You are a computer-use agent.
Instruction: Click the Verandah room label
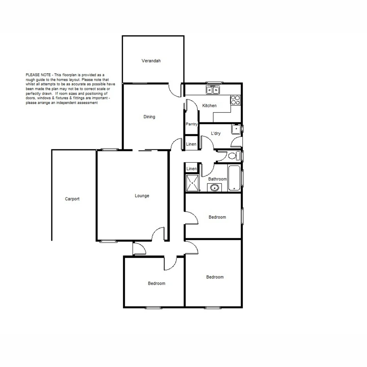pos(151,61)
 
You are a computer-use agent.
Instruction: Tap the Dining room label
pos(149,117)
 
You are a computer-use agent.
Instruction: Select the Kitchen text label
pos(209,106)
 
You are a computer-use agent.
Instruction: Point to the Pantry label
pos(192,124)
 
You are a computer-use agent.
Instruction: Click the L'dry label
pos(216,134)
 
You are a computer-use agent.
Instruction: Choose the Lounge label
pos(142,196)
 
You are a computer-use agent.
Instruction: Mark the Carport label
pos(72,199)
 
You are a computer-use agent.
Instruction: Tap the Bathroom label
pos(217,179)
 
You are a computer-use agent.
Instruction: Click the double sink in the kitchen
pos(213,90)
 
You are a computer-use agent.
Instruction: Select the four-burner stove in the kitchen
pos(235,100)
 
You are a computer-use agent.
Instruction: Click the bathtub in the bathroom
pos(234,178)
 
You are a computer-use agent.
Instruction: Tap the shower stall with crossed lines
pos(192,183)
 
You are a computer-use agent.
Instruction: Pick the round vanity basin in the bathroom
pos(214,188)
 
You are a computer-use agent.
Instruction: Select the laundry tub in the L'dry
pos(236,129)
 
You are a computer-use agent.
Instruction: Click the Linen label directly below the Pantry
pos(191,144)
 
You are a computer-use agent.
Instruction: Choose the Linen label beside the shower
pos(192,169)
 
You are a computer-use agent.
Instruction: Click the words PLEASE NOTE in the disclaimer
pos(38,75)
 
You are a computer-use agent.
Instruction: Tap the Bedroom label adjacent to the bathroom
pos(217,217)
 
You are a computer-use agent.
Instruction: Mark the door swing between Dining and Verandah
pos(175,91)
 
